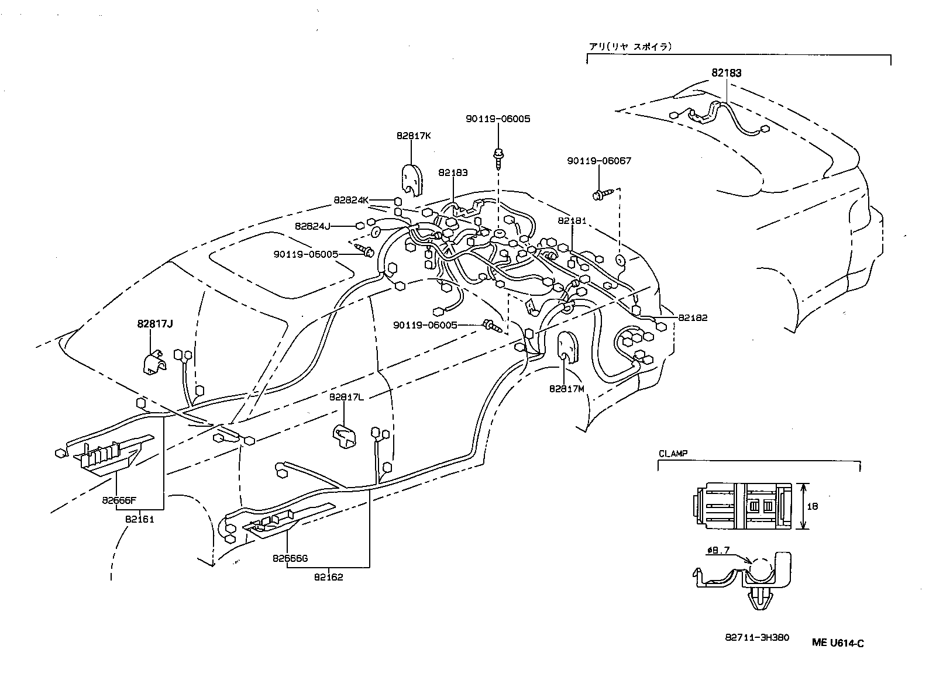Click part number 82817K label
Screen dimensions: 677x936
click(x=413, y=136)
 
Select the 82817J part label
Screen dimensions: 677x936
click(x=155, y=323)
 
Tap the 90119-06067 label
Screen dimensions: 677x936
click(x=599, y=161)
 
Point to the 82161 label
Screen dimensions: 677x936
click(x=139, y=519)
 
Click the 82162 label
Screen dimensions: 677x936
click(x=328, y=577)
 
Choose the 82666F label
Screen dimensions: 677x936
click(x=118, y=500)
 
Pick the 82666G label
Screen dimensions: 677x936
click(x=290, y=558)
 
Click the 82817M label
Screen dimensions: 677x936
click(x=566, y=388)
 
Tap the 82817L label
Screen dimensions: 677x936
click(x=346, y=397)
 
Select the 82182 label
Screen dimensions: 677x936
click(x=693, y=318)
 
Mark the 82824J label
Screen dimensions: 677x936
click(x=312, y=226)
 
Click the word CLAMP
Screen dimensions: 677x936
click(x=673, y=453)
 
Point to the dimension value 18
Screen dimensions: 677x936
click(x=812, y=507)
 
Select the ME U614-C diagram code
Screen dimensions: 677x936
click(x=838, y=643)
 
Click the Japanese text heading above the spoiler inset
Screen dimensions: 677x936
click(x=629, y=47)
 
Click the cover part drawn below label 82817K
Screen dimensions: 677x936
click(x=412, y=178)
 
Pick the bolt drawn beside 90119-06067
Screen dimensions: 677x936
click(x=602, y=194)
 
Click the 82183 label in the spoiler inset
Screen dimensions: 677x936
click(x=726, y=73)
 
